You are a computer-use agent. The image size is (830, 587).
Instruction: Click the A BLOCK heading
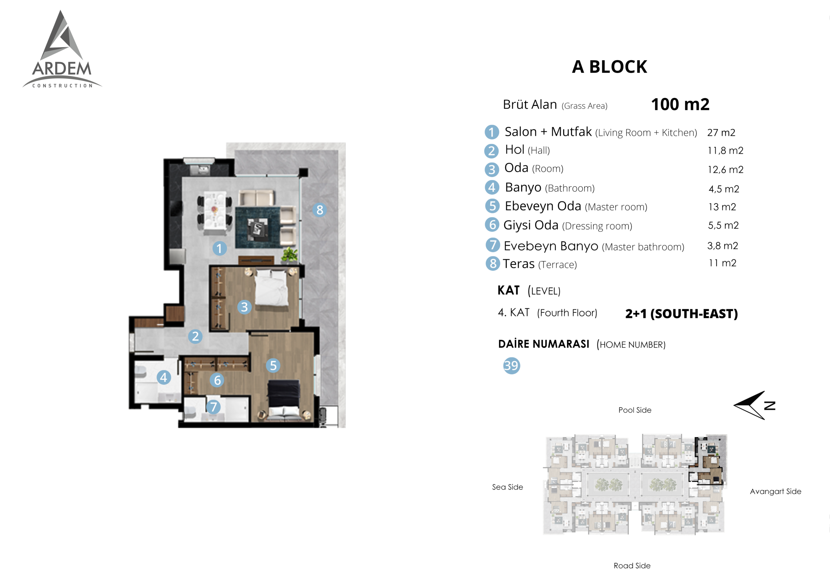click(610, 67)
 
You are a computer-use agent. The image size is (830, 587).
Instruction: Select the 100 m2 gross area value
click(680, 104)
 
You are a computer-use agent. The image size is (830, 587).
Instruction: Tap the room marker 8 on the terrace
click(320, 210)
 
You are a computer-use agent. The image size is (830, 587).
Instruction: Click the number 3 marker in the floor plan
click(244, 307)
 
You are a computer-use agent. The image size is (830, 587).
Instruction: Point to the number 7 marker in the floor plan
click(213, 407)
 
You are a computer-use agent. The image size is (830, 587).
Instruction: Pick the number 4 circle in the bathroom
click(164, 377)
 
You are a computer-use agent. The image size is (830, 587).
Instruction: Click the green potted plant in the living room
click(290, 254)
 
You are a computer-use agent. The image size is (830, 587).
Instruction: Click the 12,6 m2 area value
click(726, 169)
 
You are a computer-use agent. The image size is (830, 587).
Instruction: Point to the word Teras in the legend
click(518, 264)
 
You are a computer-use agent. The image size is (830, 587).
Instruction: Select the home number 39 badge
click(512, 365)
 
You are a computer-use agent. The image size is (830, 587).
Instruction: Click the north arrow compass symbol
click(754, 405)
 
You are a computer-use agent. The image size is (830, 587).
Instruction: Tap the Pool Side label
click(635, 410)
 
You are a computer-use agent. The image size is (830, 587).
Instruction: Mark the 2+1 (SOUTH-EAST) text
click(682, 314)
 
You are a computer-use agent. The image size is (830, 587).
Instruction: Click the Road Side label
click(632, 566)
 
